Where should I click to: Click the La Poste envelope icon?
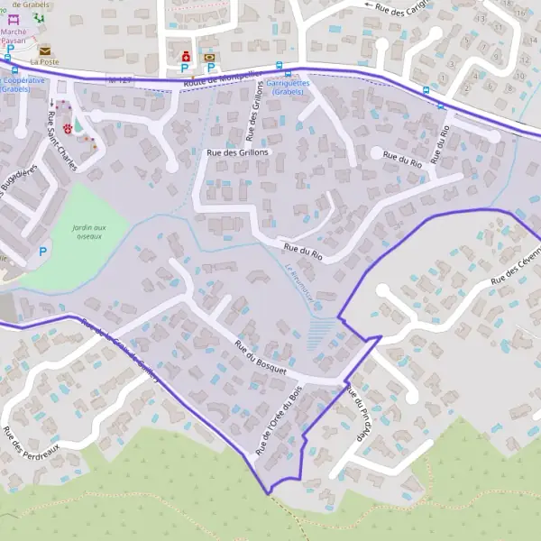[44, 50]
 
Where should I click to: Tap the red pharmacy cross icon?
[187, 54]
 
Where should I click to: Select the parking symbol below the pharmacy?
[185, 68]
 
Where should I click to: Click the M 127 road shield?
[119, 80]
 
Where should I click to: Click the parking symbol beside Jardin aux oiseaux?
[42, 252]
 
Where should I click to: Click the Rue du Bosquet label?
[260, 357]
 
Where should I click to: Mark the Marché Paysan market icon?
[13, 19]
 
